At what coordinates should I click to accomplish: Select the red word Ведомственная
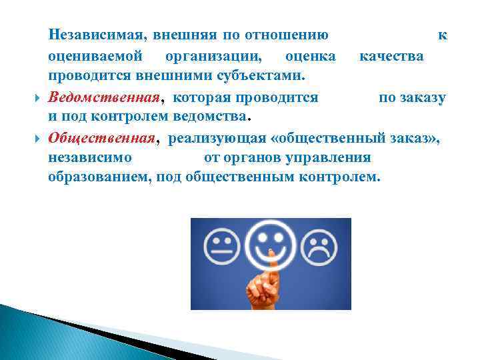point(105,98)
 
